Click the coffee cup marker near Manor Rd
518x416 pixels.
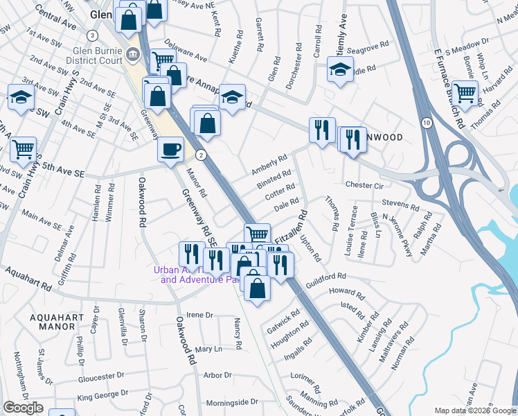[x=170, y=148]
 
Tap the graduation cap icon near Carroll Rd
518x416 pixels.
[x=340, y=69]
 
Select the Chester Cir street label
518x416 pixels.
[x=364, y=186]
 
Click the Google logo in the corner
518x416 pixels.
[x=23, y=408]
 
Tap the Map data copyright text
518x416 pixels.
[x=475, y=410]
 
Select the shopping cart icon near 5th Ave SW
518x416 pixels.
[x=24, y=148]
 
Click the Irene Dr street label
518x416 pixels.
[x=199, y=315]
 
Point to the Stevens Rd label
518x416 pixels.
[x=400, y=207]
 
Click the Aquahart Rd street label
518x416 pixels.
[x=28, y=281]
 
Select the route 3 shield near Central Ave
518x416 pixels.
[x=92, y=35]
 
